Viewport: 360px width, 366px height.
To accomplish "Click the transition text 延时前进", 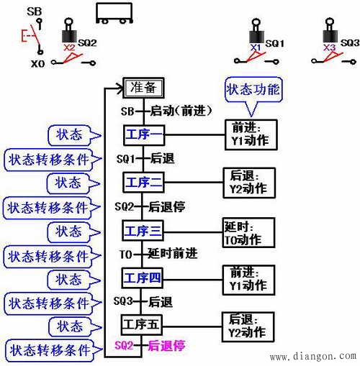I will (173, 253).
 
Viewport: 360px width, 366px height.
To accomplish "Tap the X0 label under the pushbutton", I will (37, 64).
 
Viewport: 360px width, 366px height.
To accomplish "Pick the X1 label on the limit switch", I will (256, 47).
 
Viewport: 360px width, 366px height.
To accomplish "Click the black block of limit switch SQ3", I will (330, 35).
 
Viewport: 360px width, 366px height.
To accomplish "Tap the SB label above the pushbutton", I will (33, 12).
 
